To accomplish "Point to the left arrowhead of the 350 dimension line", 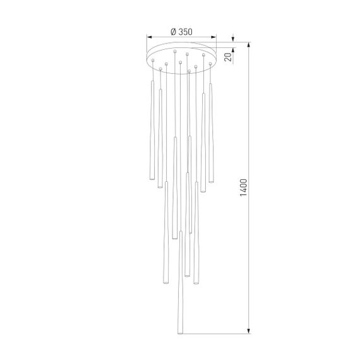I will click(x=149, y=37).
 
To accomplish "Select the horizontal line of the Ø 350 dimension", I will click(x=181, y=37).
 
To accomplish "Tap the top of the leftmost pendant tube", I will click(x=152, y=81).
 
